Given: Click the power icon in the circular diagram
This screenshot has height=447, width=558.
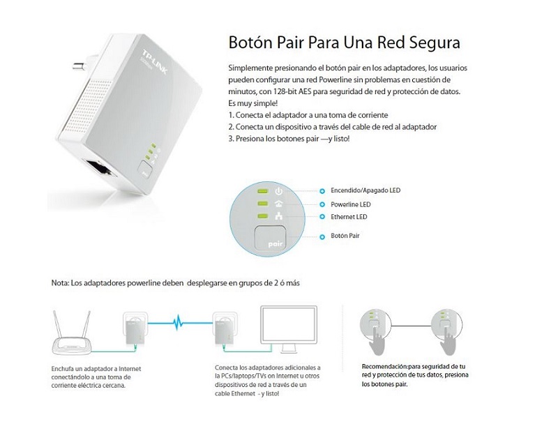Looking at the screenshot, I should pos(279,190).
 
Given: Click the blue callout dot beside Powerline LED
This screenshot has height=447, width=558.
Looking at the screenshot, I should pos(322,204).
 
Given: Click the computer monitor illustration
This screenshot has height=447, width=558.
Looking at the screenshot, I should pos(287,331).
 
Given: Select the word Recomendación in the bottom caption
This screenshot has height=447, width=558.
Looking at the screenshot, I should pos(385,366).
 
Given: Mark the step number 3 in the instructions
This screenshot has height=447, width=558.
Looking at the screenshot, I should pos(231,139).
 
